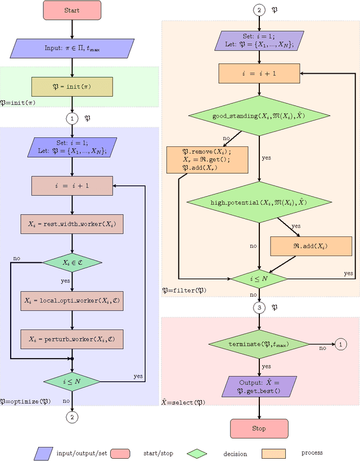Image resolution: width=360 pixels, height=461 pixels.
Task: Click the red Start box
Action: [72, 11]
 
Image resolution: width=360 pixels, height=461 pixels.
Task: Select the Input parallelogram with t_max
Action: [72, 48]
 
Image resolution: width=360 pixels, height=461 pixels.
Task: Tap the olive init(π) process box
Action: [72, 86]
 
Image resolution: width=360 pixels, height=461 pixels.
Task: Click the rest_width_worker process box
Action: [72, 223]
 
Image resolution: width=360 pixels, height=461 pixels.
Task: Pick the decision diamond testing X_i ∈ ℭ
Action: [72, 262]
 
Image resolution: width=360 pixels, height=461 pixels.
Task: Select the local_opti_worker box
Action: [72, 301]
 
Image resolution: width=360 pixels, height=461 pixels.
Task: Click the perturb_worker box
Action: [72, 339]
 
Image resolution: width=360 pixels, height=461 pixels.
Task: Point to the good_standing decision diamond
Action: [259, 117]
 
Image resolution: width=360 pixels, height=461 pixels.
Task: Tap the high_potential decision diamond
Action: [259, 202]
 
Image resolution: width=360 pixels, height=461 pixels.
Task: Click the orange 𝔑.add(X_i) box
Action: [311, 247]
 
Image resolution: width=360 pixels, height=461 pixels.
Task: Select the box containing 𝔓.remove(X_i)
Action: [207, 159]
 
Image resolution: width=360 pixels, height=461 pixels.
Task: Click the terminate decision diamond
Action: [259, 344]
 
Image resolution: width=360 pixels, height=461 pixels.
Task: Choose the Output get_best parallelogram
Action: [259, 386]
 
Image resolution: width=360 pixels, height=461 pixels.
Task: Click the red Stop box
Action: [259, 428]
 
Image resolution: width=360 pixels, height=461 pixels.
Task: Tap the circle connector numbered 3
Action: [259, 308]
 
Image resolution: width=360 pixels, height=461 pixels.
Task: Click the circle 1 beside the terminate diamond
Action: [341, 344]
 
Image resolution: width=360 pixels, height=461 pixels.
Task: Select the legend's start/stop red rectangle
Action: [121, 453]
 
